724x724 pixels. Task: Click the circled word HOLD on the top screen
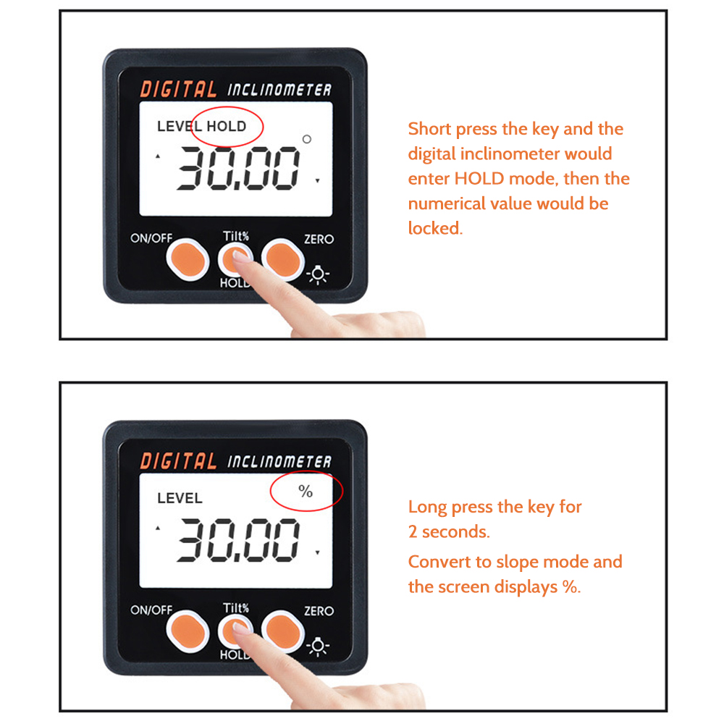(x=227, y=126)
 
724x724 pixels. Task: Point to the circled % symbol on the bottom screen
(x=306, y=492)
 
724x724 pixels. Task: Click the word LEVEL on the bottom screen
(x=180, y=498)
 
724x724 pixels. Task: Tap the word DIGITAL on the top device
(x=178, y=90)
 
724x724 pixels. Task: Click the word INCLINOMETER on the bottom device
(x=279, y=462)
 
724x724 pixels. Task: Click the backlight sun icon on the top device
(x=319, y=274)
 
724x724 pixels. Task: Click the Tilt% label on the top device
(x=236, y=235)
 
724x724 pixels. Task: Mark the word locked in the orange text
(x=434, y=229)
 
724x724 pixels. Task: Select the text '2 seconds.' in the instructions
(x=449, y=531)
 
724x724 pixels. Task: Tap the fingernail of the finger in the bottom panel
(x=241, y=629)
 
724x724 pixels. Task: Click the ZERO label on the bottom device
(x=319, y=611)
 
